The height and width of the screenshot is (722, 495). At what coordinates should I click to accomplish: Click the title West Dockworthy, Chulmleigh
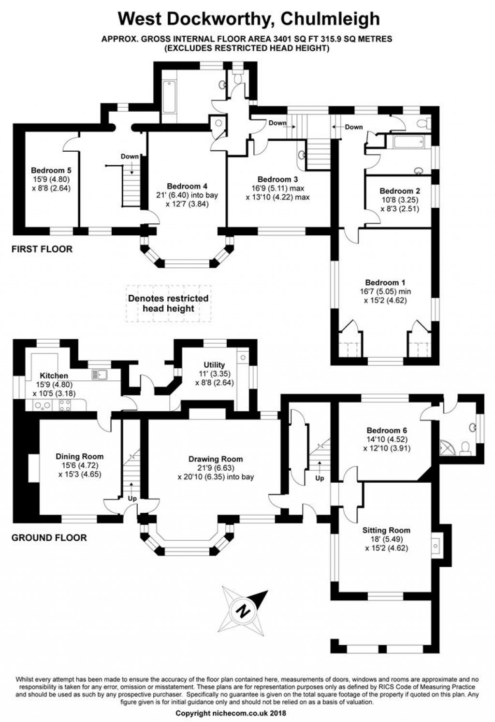[249, 18]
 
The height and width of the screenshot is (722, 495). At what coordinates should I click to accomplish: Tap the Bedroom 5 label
[51, 170]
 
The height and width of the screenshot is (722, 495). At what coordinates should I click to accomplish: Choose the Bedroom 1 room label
[385, 282]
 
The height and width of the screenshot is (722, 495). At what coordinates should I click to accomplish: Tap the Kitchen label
[54, 375]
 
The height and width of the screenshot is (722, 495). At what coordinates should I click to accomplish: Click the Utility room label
[214, 365]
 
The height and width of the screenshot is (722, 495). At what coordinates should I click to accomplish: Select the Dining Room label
[79, 456]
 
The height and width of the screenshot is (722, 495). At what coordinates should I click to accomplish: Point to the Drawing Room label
[215, 459]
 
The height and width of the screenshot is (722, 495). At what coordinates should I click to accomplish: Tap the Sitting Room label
[386, 530]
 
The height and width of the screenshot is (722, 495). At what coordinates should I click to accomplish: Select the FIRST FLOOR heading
[42, 249]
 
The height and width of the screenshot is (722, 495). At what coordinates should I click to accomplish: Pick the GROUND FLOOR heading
[49, 537]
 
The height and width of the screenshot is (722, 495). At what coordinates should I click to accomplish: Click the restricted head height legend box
[168, 303]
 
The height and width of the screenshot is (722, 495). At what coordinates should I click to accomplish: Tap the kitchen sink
[101, 375]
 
